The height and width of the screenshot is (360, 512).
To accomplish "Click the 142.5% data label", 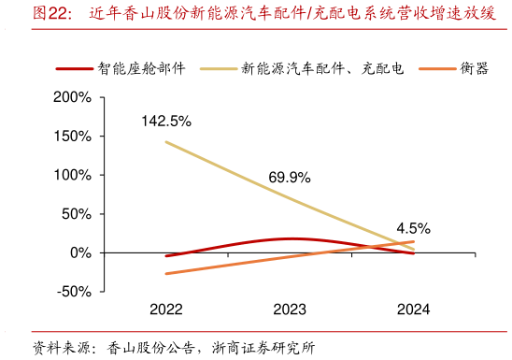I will coord(166,121).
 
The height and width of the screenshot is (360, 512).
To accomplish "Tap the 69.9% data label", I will coord(290,177).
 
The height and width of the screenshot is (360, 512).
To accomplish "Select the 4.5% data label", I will coord(413,226).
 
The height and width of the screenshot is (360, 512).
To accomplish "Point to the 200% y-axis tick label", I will coord(71,97).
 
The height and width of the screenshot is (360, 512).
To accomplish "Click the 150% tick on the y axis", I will coord(71,137).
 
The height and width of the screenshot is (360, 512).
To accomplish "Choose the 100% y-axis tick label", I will coord(71,175).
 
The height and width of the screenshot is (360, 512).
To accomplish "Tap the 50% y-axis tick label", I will coord(75,214).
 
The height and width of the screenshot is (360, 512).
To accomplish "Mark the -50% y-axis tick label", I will coord(73,292).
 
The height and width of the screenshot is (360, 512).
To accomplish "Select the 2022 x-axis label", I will coord(166,309).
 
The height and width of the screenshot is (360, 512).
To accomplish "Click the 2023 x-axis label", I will coord(290,309).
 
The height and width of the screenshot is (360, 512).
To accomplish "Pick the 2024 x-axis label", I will coord(413,309).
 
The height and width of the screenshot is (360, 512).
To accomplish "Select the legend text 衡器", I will coord(475,68).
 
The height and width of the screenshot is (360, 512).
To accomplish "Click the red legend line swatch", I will coord(74,68).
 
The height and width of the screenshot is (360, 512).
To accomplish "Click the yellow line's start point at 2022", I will coord(166,142).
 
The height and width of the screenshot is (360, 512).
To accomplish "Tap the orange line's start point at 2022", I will coord(166,274).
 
